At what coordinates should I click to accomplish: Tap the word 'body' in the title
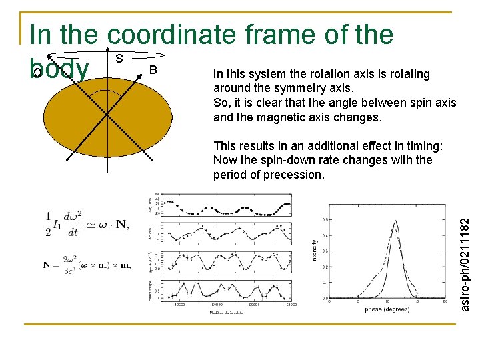click(x=59, y=69)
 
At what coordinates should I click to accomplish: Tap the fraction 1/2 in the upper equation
click(x=49, y=225)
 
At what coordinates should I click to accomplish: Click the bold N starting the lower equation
click(x=47, y=265)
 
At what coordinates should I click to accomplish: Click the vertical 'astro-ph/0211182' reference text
click(x=466, y=254)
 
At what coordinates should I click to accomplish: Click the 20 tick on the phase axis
click(x=445, y=301)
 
